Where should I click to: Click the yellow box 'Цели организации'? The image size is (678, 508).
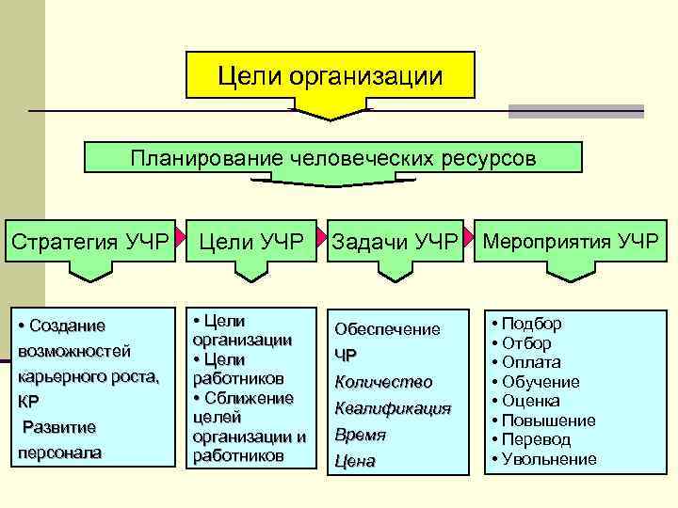pyautogui.click(x=330, y=74)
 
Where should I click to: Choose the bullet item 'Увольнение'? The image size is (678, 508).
pyautogui.click(x=549, y=459)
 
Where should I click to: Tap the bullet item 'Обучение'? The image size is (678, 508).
pyautogui.click(x=541, y=382)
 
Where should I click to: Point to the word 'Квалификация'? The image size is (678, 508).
pyautogui.click(x=393, y=408)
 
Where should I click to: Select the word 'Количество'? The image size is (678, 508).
pyautogui.click(x=383, y=382)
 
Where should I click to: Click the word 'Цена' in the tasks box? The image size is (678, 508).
pyautogui.click(x=355, y=461)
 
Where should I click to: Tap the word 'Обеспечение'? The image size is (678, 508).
pyautogui.click(x=387, y=329)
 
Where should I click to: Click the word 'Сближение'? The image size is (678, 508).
pyautogui.click(x=250, y=398)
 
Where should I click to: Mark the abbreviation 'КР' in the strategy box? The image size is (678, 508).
pyautogui.click(x=28, y=401)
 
